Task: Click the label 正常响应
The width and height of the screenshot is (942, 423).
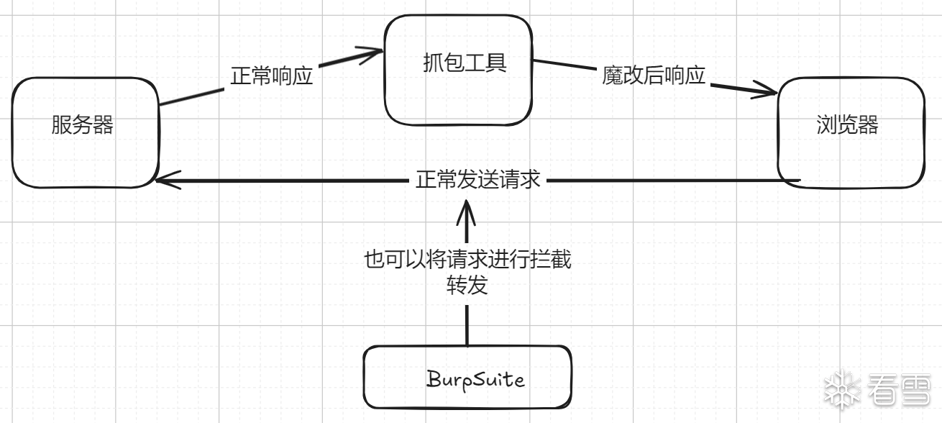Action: click(x=271, y=77)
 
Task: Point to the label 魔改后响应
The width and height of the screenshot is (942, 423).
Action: click(x=653, y=76)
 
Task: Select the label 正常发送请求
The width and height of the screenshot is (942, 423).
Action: click(x=477, y=180)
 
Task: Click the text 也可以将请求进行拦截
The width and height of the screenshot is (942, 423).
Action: click(x=467, y=260)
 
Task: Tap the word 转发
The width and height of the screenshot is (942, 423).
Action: click(x=467, y=286)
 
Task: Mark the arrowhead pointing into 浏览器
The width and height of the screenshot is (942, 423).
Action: click(x=769, y=91)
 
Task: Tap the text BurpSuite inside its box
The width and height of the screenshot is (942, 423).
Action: click(x=475, y=379)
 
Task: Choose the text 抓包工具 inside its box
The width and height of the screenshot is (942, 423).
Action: click(x=465, y=63)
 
